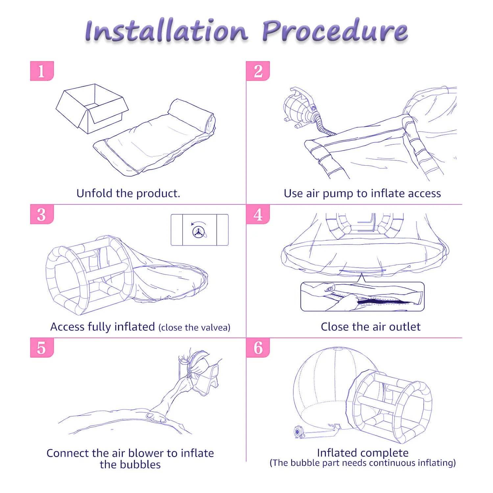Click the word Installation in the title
point(166,31)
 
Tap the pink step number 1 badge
point(42,71)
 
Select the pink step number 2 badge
point(258,71)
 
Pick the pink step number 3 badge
point(42,214)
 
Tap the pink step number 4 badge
point(258,214)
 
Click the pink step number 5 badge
point(42,348)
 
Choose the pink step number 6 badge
point(258,348)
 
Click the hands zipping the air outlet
point(342,296)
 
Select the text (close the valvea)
point(194,328)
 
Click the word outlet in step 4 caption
point(405,327)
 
